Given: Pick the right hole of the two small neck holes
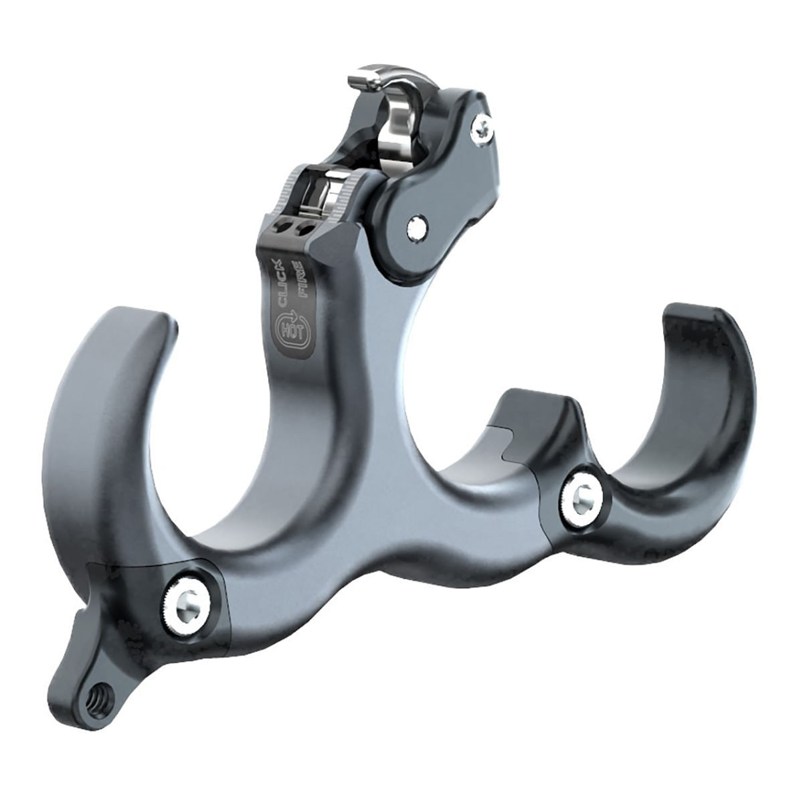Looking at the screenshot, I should pos(304,229).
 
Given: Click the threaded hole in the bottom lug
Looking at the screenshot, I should pos(101,694).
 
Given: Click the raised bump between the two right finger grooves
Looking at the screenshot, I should pos(535,401).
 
